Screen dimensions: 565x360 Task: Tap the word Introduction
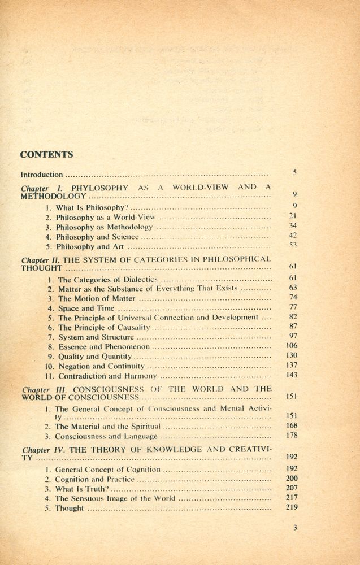[41, 175]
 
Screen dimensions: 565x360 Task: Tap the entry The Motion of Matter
[97, 298]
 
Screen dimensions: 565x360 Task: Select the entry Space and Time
[86, 308]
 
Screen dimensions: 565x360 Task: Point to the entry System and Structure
[96, 337]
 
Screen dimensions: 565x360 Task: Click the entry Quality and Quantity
[95, 357]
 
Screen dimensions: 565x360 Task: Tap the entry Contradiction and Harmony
[107, 376]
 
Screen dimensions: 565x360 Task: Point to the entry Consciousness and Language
[106, 437]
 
